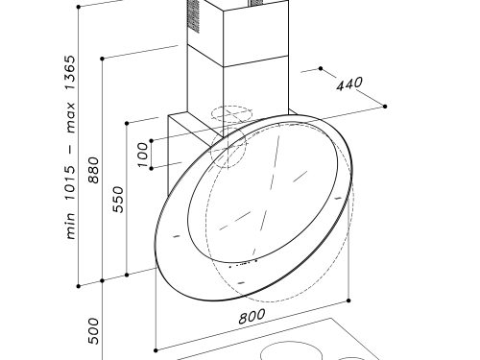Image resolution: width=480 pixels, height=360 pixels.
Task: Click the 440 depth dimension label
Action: tap(349, 84)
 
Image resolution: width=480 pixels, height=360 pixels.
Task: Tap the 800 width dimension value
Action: tap(252, 316)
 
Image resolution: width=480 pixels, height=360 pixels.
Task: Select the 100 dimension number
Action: tap(143, 155)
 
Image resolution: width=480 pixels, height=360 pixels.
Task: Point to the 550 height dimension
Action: tap(118, 200)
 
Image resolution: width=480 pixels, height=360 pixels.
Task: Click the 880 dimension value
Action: tap(94, 170)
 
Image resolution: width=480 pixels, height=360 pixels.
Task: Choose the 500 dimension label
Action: tap(94, 331)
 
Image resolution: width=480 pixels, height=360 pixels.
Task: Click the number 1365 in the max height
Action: tap(70, 73)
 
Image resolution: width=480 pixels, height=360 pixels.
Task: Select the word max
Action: tap(70, 117)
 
